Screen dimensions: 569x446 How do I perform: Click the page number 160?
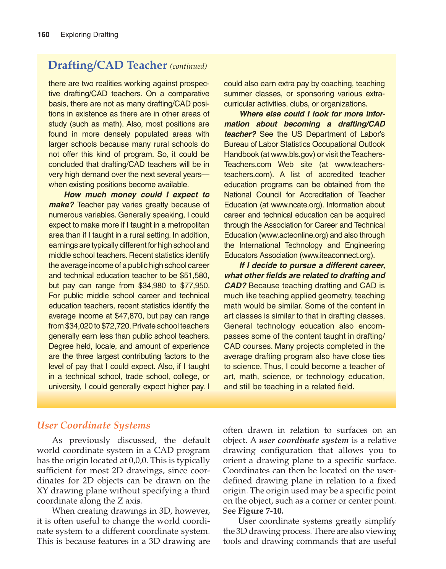coord(43,35)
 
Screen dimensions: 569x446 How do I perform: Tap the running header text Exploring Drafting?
coord(89,35)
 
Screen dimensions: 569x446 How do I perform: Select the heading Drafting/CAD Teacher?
coord(107,65)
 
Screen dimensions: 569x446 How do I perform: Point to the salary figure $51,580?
coord(195,275)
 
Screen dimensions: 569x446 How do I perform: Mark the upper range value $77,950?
coord(194,286)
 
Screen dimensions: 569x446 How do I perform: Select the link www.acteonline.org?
coord(294,235)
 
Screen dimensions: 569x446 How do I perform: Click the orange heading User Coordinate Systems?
coord(94,425)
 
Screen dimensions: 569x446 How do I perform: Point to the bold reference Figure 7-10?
coord(261,511)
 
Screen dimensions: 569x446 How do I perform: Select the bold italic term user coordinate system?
coord(304,440)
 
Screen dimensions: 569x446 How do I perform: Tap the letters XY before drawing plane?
coord(43,491)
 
